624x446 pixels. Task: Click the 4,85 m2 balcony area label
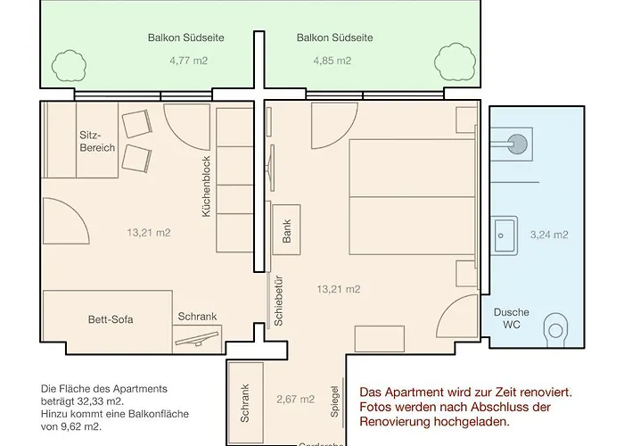[333, 62]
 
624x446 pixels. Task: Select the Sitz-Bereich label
[97, 141]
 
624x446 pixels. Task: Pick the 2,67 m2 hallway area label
[295, 399]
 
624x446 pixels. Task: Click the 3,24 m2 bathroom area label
[549, 235]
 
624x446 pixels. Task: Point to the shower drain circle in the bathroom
[516, 140]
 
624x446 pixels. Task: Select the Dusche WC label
[512, 319]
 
